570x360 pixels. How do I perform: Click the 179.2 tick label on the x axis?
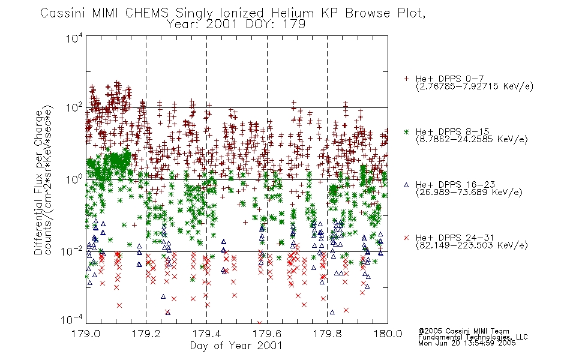pos(146,334)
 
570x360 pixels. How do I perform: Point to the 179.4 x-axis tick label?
pos(206,334)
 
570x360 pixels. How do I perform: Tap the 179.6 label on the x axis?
pos(267,334)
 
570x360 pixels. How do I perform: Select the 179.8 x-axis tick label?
pos(327,334)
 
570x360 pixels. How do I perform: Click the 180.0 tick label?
pos(388,334)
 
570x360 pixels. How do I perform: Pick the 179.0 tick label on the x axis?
pos(86,334)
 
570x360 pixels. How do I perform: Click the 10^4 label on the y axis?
pos(74,38)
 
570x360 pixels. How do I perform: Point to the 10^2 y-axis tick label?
pos(74,107)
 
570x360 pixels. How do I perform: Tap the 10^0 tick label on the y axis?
pos(74,179)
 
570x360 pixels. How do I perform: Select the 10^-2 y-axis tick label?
pos(72,251)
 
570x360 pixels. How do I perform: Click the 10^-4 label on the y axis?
pos(72,320)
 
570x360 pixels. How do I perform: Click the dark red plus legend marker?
pos(406,79)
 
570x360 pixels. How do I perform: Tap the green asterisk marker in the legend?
pos(406,131)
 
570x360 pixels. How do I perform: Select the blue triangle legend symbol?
pos(406,185)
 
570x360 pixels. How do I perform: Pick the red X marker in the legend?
pos(406,238)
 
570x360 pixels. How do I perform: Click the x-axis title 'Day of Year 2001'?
pos(236,346)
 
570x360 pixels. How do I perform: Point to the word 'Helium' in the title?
pos(292,13)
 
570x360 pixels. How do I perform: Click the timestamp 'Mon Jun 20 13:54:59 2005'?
pos(467,343)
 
